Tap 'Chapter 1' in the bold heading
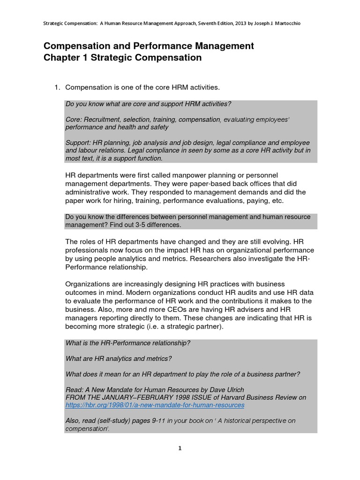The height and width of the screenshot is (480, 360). [x=63, y=58]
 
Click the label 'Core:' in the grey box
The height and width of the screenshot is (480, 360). [x=74, y=120]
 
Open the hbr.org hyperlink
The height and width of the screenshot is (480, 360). [x=155, y=405]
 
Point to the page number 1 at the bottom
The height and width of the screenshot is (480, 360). [x=180, y=448]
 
